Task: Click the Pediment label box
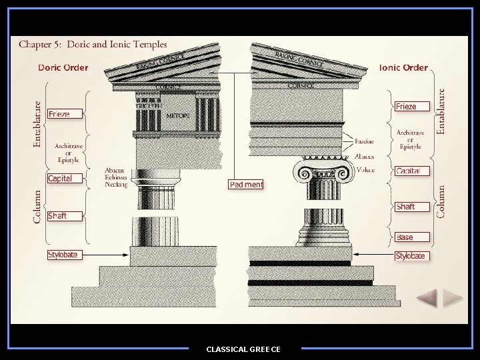click(x=246, y=185)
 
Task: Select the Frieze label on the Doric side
click(x=59, y=114)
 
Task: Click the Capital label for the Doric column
click(x=60, y=179)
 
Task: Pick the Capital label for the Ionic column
click(x=408, y=171)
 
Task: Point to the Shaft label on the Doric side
click(x=57, y=216)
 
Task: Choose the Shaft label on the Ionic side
click(x=405, y=207)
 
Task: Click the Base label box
click(x=405, y=237)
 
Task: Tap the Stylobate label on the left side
click(x=63, y=255)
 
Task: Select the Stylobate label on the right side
click(x=411, y=256)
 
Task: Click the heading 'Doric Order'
click(x=63, y=67)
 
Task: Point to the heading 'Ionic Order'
click(x=403, y=67)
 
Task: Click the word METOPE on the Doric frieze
click(x=177, y=115)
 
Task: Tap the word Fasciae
click(x=365, y=141)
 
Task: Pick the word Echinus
click(x=115, y=177)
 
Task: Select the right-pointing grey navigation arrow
click(x=453, y=297)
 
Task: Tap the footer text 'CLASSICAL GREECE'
click(x=243, y=348)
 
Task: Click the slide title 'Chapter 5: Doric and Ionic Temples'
click(x=93, y=45)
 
